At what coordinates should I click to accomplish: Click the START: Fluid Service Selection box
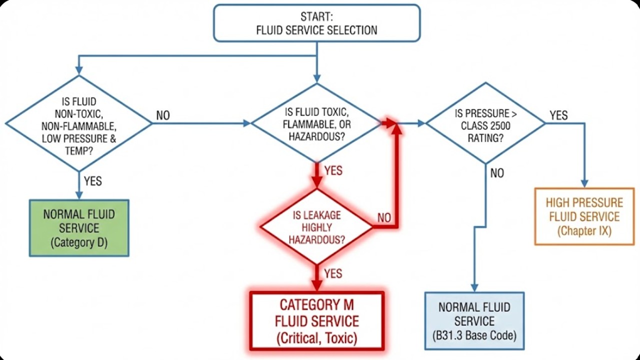[316, 23]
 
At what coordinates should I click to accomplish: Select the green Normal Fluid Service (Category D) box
[79, 228]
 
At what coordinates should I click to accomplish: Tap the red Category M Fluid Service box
[316, 321]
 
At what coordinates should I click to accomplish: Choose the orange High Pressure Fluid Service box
[584, 216]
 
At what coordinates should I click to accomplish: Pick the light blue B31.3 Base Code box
[474, 321]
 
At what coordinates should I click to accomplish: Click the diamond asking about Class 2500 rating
[485, 123]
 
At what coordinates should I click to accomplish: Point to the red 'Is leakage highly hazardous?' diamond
[316, 227]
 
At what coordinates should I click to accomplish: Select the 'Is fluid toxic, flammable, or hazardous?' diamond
[316, 123]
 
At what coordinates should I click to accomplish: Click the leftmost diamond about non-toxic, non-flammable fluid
[78, 123]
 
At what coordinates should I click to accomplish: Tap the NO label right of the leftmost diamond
[163, 115]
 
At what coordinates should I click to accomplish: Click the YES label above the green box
[93, 180]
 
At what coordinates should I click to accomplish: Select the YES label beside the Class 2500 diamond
[558, 115]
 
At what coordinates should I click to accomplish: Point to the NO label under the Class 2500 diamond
[497, 173]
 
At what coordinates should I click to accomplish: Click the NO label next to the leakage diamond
[384, 218]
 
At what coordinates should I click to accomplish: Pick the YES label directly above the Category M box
[333, 273]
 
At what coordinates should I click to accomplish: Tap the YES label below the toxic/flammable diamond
[333, 170]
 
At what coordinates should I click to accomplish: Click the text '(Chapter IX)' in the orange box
[584, 231]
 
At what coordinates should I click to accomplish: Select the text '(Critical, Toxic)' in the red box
[316, 338]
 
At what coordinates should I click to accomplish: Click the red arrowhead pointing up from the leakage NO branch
[397, 128]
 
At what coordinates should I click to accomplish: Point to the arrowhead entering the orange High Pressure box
[584, 183]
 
